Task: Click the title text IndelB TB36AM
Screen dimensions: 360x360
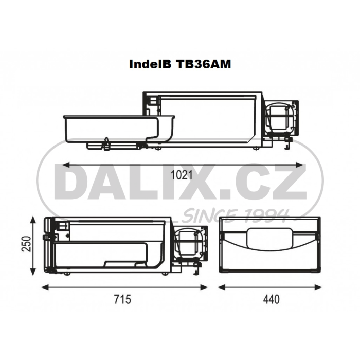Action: (x=180, y=64)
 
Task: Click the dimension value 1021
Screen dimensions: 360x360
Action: (x=182, y=175)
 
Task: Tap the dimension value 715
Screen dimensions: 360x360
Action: (x=122, y=299)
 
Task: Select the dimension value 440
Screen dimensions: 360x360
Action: (x=272, y=299)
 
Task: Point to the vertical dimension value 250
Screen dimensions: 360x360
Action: (x=26, y=244)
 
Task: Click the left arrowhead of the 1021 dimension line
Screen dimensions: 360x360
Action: (x=66, y=165)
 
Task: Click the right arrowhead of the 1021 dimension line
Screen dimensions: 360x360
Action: (x=299, y=165)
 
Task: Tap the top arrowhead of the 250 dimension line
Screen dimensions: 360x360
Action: (x=33, y=220)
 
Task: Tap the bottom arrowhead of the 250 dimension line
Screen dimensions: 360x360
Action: (x=33, y=272)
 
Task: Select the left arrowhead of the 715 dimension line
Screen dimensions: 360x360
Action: (x=45, y=287)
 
